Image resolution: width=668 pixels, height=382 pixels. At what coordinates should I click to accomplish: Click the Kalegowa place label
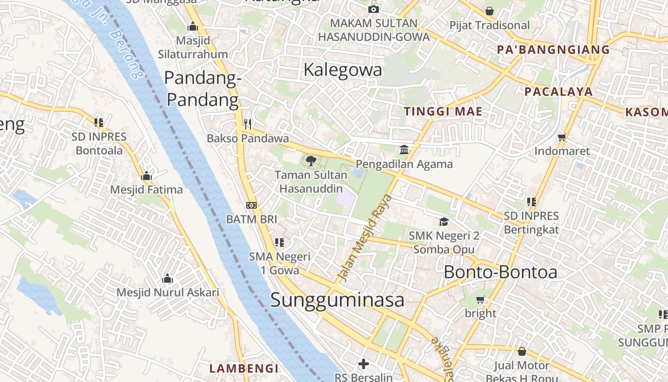[x=343, y=70]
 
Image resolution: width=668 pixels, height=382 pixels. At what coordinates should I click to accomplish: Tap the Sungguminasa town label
[x=337, y=300]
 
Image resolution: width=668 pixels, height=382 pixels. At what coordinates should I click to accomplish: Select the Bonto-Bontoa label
[x=501, y=272]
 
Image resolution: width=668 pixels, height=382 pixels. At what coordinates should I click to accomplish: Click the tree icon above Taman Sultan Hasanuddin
[x=311, y=160]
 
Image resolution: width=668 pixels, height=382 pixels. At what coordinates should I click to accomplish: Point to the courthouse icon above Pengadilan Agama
[x=404, y=150]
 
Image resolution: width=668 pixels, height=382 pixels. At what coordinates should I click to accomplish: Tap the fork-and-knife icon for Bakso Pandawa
[x=248, y=124]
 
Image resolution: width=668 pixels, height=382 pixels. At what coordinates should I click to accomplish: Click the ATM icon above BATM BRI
[x=251, y=205]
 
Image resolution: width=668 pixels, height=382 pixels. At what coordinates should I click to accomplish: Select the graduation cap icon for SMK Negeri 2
[x=444, y=222]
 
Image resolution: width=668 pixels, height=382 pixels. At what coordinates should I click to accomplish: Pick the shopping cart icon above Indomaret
[x=562, y=137]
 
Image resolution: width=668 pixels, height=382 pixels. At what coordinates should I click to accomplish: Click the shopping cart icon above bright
[x=480, y=299]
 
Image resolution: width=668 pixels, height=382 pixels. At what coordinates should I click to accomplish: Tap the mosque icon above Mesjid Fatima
[x=146, y=176]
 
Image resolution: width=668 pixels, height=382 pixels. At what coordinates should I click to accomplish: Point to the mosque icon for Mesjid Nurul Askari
[x=167, y=278]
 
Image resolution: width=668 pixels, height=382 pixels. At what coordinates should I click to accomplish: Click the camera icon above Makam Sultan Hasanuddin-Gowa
[x=374, y=9]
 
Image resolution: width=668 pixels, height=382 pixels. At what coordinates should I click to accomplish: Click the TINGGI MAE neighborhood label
[x=443, y=112]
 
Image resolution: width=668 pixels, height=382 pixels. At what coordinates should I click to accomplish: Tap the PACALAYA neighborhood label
[x=558, y=92]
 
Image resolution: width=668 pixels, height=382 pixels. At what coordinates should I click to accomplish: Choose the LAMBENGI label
[x=244, y=368]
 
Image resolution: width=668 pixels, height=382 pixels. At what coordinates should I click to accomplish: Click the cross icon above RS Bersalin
[x=364, y=364]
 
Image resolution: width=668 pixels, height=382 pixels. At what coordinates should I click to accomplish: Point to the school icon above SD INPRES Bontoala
[x=99, y=123]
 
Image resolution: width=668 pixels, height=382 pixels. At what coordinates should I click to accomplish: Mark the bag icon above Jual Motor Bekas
[x=522, y=352]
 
